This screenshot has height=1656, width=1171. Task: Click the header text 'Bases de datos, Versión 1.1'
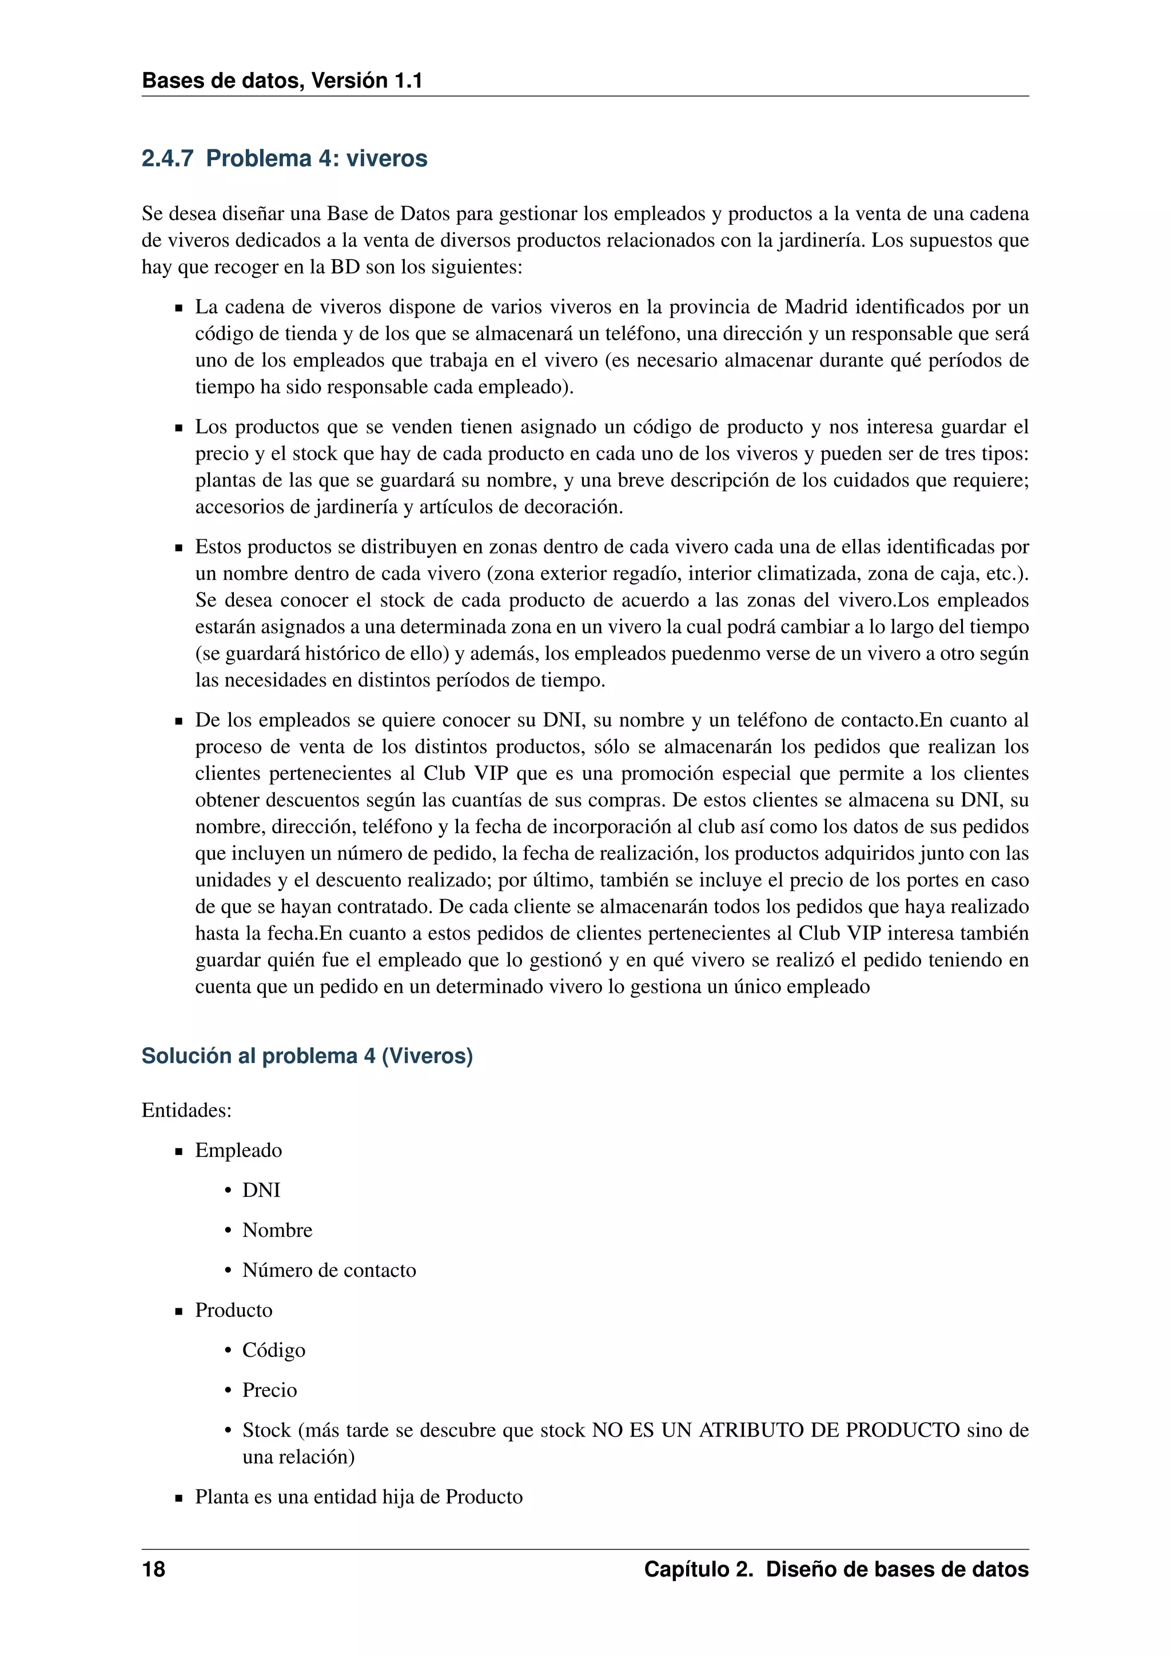(281, 80)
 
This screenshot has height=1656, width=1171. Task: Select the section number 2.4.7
(168, 158)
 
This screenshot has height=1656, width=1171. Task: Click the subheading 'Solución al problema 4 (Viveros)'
(306, 1056)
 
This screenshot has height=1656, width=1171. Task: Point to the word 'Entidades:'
(186, 1110)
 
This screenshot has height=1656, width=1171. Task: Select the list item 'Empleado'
(238, 1151)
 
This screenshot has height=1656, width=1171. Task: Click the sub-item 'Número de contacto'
(329, 1270)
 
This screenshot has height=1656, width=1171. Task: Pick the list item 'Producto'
(234, 1310)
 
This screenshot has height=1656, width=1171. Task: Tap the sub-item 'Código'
(273, 1350)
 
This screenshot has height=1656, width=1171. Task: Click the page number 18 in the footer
(154, 1570)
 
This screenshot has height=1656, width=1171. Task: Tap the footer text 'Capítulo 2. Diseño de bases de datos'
(836, 1570)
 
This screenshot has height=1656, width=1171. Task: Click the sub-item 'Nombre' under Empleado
(277, 1230)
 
